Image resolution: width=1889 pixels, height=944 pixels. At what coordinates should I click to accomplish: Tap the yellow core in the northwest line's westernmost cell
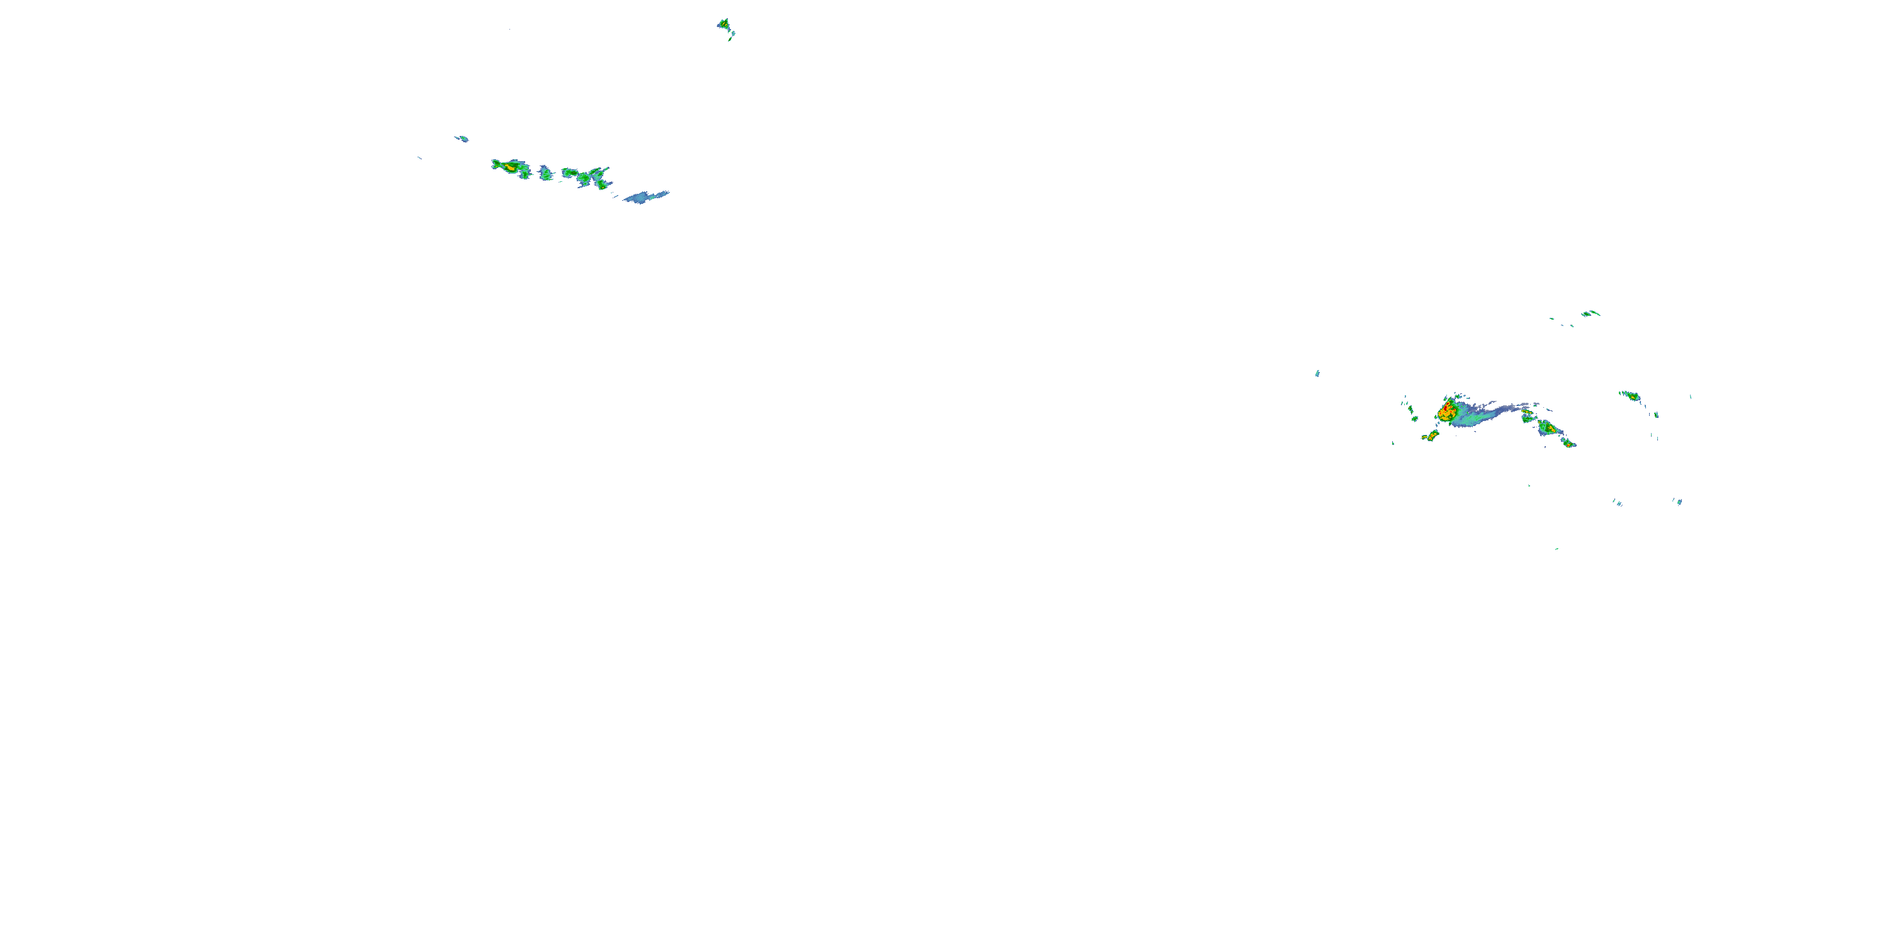[x=511, y=168]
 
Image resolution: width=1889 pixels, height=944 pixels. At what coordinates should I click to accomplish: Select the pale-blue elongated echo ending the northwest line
[x=646, y=196]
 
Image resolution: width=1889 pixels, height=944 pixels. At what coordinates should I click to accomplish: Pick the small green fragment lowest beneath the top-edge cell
[x=730, y=39]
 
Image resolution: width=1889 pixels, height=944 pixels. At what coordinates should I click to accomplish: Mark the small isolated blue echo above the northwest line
[x=462, y=138]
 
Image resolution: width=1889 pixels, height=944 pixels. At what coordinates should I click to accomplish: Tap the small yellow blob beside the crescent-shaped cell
[x=1424, y=438]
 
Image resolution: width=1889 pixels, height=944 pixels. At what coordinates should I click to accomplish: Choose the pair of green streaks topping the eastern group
[x=1591, y=313]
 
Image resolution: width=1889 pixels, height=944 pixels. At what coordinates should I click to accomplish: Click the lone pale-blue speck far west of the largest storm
[x=1317, y=374]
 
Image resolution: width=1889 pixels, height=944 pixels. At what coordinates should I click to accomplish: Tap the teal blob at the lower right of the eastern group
[x=1679, y=502]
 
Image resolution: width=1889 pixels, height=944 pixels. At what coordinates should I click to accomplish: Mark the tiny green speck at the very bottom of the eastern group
[x=1556, y=549]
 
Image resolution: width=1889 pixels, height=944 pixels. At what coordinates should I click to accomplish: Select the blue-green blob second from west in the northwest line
[x=545, y=174]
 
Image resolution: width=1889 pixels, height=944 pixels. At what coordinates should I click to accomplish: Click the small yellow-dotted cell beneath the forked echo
[x=602, y=184]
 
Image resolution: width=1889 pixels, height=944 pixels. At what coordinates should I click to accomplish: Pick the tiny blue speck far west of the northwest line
[x=419, y=157]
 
